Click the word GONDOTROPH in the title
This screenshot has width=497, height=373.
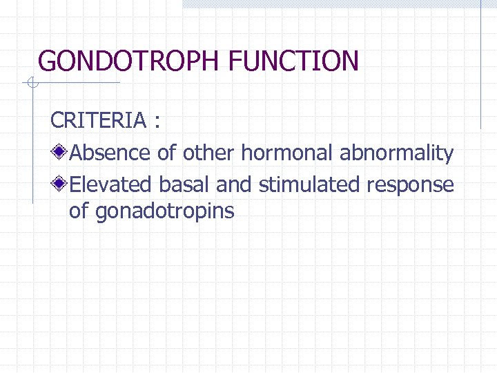point(128,61)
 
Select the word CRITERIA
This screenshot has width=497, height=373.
point(99,121)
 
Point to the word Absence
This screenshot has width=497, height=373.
point(111,153)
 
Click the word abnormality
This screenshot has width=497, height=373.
point(396,153)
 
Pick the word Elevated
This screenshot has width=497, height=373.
point(112,185)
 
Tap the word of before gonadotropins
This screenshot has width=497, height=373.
point(79,211)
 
